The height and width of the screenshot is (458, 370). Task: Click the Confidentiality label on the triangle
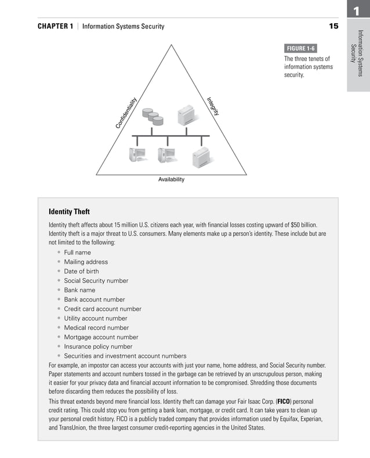126,112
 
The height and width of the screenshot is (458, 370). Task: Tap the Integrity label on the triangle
213,106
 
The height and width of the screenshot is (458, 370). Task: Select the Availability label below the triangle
171,180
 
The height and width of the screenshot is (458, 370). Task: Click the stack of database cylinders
153,117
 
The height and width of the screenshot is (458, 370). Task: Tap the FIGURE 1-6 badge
300,48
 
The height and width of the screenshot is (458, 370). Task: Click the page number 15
333,26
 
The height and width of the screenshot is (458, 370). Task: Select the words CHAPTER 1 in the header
55,27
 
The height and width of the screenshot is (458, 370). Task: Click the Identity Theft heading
69,212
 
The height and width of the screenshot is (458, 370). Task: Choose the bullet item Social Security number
96,281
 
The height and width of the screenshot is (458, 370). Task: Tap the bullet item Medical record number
96,328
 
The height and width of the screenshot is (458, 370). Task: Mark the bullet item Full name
77,253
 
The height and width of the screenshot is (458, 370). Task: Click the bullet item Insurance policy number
98,347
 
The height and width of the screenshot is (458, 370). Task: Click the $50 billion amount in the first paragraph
302,224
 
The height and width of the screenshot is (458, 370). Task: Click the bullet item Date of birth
81,271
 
